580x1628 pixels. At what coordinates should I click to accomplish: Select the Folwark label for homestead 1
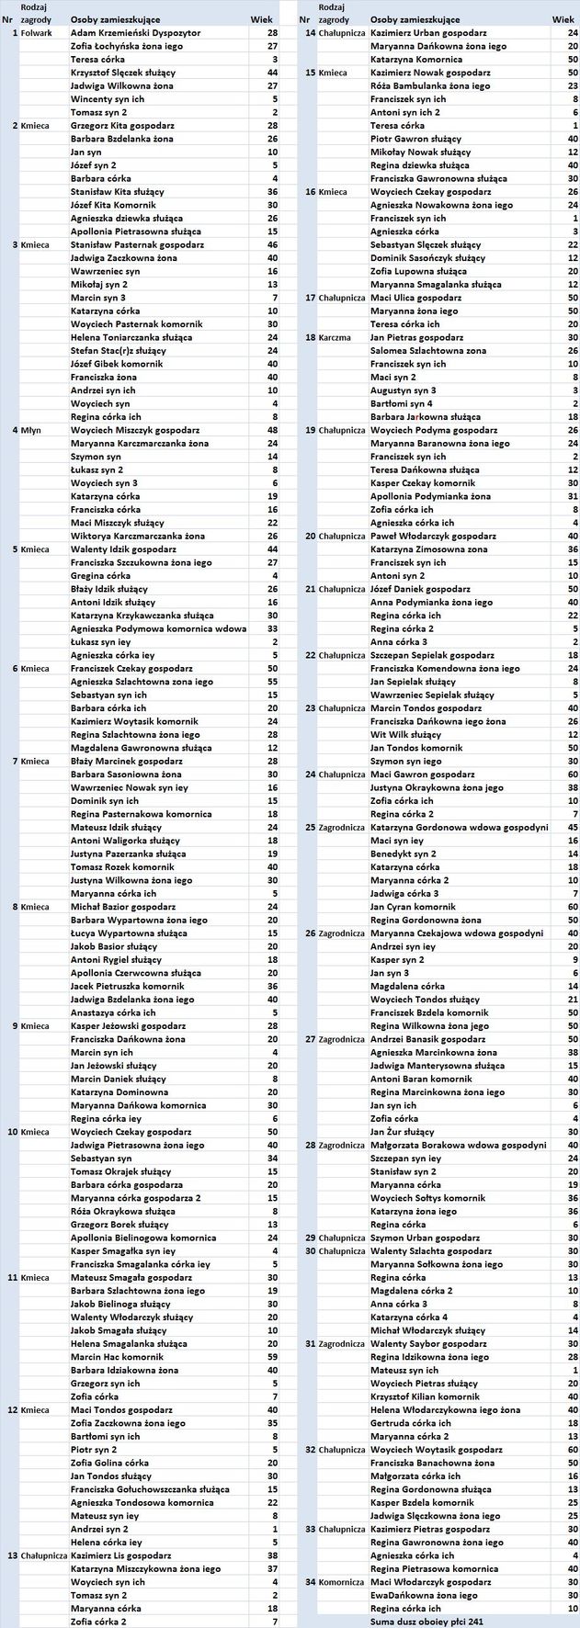tap(36, 32)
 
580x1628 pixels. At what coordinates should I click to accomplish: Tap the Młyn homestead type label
tap(30, 430)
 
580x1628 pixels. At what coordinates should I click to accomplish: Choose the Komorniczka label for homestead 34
tap(342, 1582)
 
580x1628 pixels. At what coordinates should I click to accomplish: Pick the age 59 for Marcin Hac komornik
tap(272, 1356)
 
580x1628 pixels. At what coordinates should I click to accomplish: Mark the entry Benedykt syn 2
tap(403, 854)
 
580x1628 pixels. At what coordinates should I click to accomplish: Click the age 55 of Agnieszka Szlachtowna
tap(272, 682)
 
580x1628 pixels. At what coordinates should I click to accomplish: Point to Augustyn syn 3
tap(403, 390)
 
